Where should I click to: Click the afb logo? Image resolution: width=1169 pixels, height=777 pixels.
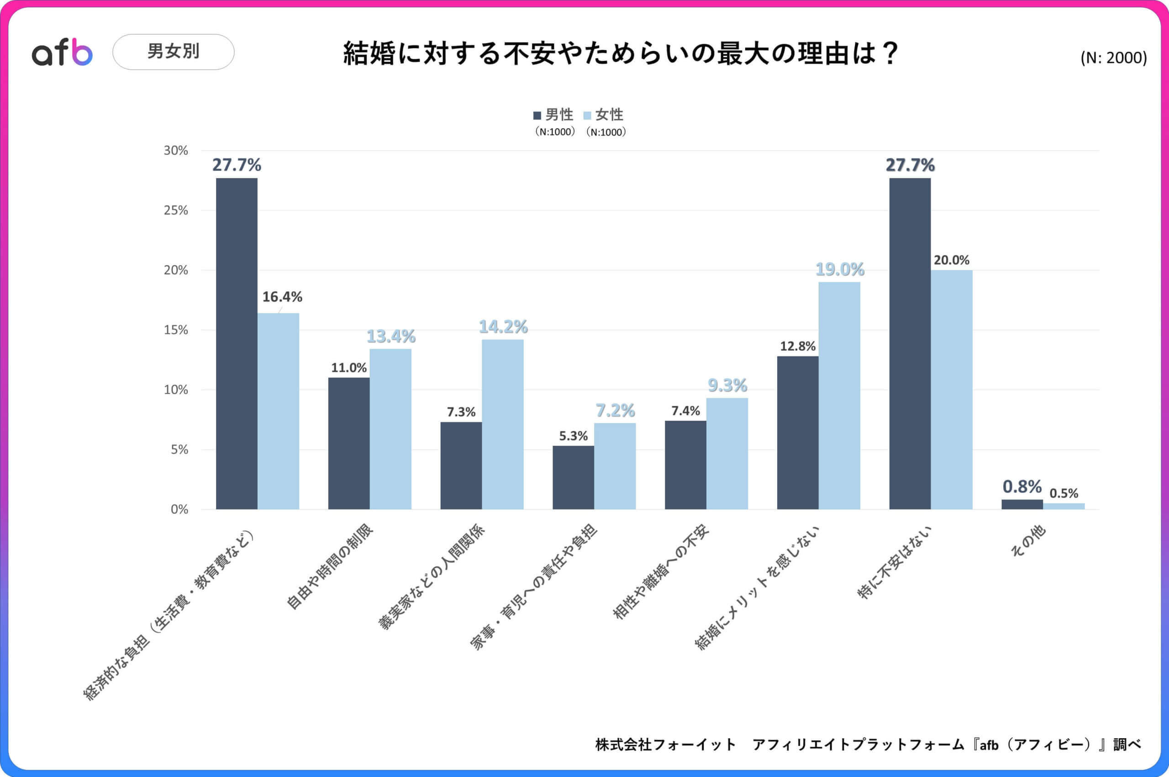pyautogui.click(x=62, y=53)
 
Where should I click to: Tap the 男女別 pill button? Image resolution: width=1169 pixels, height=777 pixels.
pyautogui.click(x=174, y=52)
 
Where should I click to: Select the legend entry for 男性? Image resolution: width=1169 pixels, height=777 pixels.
pyautogui.click(x=554, y=115)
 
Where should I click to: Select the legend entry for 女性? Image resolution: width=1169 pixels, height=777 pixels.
pyautogui.click(x=604, y=115)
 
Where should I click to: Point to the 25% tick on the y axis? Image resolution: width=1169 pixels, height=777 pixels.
pyautogui.click(x=176, y=210)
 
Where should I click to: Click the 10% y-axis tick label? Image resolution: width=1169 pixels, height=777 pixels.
pyautogui.click(x=176, y=390)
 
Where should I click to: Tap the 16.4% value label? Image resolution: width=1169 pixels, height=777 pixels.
pyautogui.click(x=282, y=297)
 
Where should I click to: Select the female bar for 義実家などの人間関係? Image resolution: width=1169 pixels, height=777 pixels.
pyautogui.click(x=502, y=424)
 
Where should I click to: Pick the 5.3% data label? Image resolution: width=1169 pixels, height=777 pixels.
pyautogui.click(x=573, y=436)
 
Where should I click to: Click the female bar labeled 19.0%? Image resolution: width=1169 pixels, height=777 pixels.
pyautogui.click(x=839, y=396)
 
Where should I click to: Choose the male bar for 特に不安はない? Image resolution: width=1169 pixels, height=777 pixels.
pyautogui.click(x=910, y=343)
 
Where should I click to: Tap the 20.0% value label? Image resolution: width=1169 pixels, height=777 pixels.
pyautogui.click(x=952, y=260)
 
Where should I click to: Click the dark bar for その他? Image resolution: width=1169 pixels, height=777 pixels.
pyautogui.click(x=1022, y=504)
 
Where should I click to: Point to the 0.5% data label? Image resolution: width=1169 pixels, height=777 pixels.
pyautogui.click(x=1064, y=493)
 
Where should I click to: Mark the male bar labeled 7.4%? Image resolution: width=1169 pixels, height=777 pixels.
pyautogui.click(x=685, y=465)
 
